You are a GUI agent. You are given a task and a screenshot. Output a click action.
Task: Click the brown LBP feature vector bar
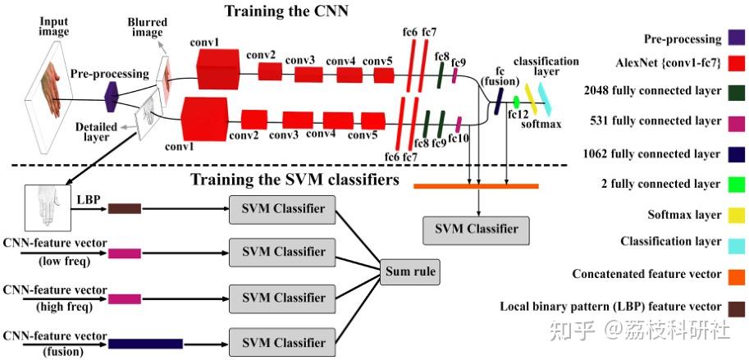click(x=125, y=209)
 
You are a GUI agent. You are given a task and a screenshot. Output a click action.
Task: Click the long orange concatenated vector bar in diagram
click(x=475, y=187)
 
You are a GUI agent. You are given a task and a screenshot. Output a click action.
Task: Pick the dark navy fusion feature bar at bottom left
click(x=145, y=344)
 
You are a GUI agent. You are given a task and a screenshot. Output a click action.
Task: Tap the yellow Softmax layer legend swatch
click(x=735, y=215)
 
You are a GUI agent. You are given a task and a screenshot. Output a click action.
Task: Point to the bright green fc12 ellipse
click(x=516, y=102)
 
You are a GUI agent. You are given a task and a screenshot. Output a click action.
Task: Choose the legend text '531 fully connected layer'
click(x=655, y=121)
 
